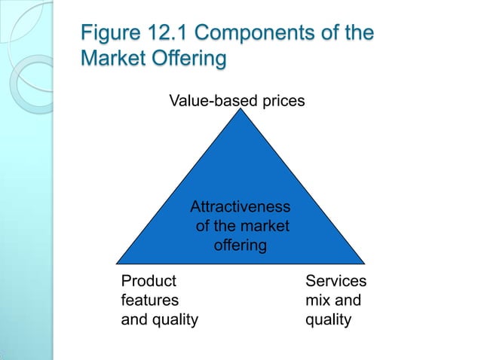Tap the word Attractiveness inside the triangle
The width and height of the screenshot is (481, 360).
[x=240, y=206]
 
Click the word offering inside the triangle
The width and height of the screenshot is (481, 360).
[x=240, y=245]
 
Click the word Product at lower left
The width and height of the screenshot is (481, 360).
[x=149, y=281]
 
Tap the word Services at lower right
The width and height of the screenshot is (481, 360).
[x=335, y=281]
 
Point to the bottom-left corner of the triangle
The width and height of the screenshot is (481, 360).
[x=117, y=263]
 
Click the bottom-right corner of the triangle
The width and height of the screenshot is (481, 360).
[x=364, y=263]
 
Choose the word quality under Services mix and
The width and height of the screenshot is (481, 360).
[x=328, y=320]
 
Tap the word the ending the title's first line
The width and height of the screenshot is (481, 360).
[x=359, y=35]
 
